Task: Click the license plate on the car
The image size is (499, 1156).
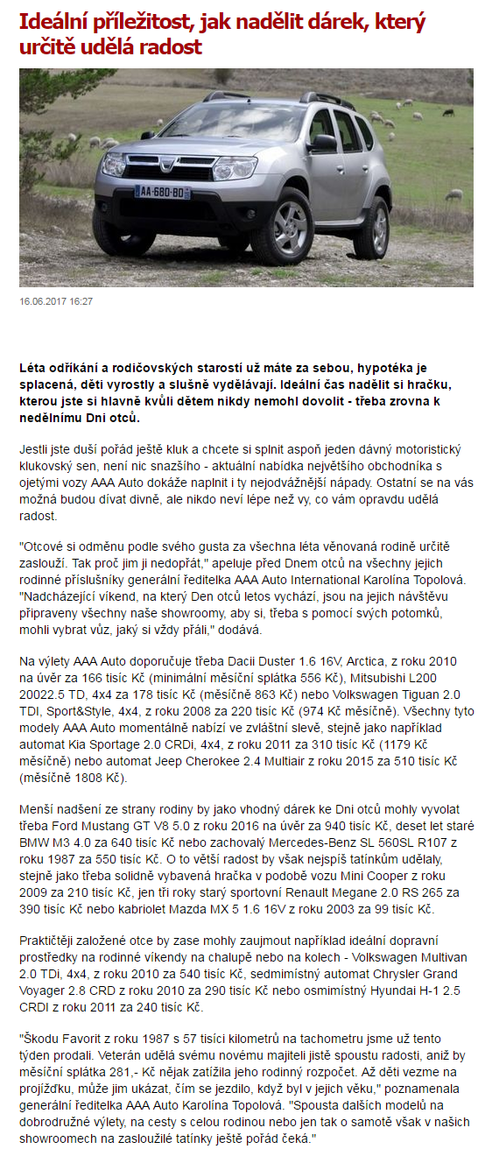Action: pos(162,192)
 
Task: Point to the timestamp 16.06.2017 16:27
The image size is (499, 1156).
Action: pos(56,301)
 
